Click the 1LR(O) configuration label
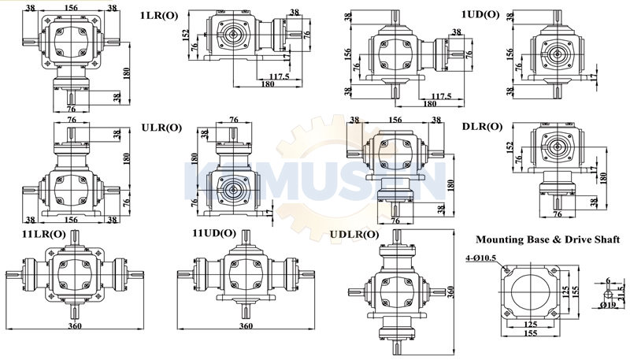click(159, 16)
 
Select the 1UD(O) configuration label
click(480, 15)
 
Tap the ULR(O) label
click(161, 128)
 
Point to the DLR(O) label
click(482, 127)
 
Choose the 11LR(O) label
click(44, 233)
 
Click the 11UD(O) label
click(214, 233)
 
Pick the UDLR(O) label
click(354, 234)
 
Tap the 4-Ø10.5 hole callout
click(481, 258)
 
